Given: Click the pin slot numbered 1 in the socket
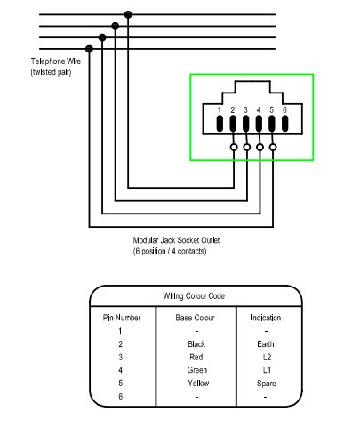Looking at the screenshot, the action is (220, 124).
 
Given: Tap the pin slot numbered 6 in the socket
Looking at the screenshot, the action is (284, 124).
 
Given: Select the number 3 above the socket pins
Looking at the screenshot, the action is (245, 110).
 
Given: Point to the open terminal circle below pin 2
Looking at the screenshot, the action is (234, 147).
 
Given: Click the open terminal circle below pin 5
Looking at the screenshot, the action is (273, 147).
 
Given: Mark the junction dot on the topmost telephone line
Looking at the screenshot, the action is (128, 14).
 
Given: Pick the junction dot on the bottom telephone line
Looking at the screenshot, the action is (89, 49).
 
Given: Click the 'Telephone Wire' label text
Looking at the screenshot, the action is (56, 61).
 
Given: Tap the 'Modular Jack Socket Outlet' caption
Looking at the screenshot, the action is (176, 240).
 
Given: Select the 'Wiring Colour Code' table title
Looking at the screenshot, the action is (194, 296).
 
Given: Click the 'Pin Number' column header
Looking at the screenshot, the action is (122, 318).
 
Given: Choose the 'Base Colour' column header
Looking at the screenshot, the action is (195, 318).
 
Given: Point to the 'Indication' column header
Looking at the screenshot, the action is (266, 318).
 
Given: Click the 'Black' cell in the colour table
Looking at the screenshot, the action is (196, 344).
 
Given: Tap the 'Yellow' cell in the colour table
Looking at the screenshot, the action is (198, 384).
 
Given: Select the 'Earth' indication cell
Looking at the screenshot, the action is (266, 344).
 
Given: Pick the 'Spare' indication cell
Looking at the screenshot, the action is (266, 384).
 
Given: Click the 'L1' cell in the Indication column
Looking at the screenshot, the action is (267, 370).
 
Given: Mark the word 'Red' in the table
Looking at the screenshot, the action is (196, 357).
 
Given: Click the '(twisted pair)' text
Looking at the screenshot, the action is (51, 72).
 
